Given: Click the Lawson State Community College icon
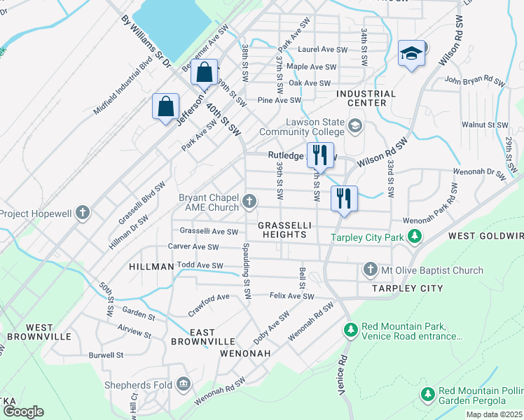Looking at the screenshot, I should coord(355,126).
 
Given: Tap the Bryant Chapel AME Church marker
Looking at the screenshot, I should coord(249,202).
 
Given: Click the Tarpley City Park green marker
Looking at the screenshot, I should coord(415,237).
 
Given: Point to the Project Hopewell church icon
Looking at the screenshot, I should coord(83,212).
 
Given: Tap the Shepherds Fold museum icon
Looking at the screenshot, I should coord(184,384).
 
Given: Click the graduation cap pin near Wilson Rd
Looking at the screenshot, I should coord(411,53).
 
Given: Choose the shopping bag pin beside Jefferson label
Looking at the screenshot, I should coord(165,107).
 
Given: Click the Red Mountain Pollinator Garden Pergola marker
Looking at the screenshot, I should coord(427,395).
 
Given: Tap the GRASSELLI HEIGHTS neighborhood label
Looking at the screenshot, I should coord(282,230).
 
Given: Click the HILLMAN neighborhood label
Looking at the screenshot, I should coord(151,267).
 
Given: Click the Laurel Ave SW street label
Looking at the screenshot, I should coord(322,50).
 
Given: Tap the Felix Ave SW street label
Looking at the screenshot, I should coord(292,296).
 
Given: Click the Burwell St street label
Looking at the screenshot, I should coord(106,355).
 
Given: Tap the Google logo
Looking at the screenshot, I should coord(22,411).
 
